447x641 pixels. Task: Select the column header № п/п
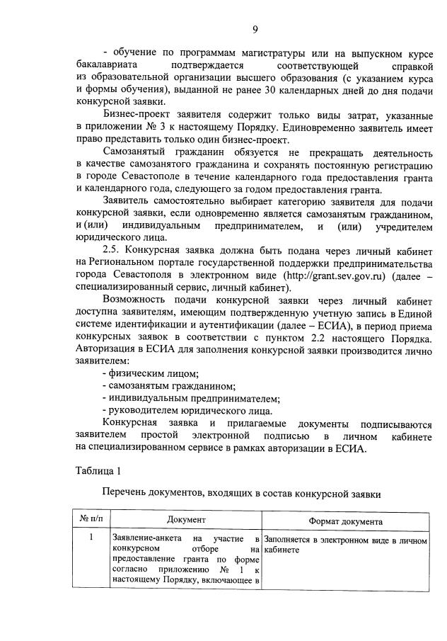point(91,521)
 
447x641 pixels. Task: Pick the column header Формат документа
point(345,522)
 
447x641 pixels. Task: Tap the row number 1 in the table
point(91,538)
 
